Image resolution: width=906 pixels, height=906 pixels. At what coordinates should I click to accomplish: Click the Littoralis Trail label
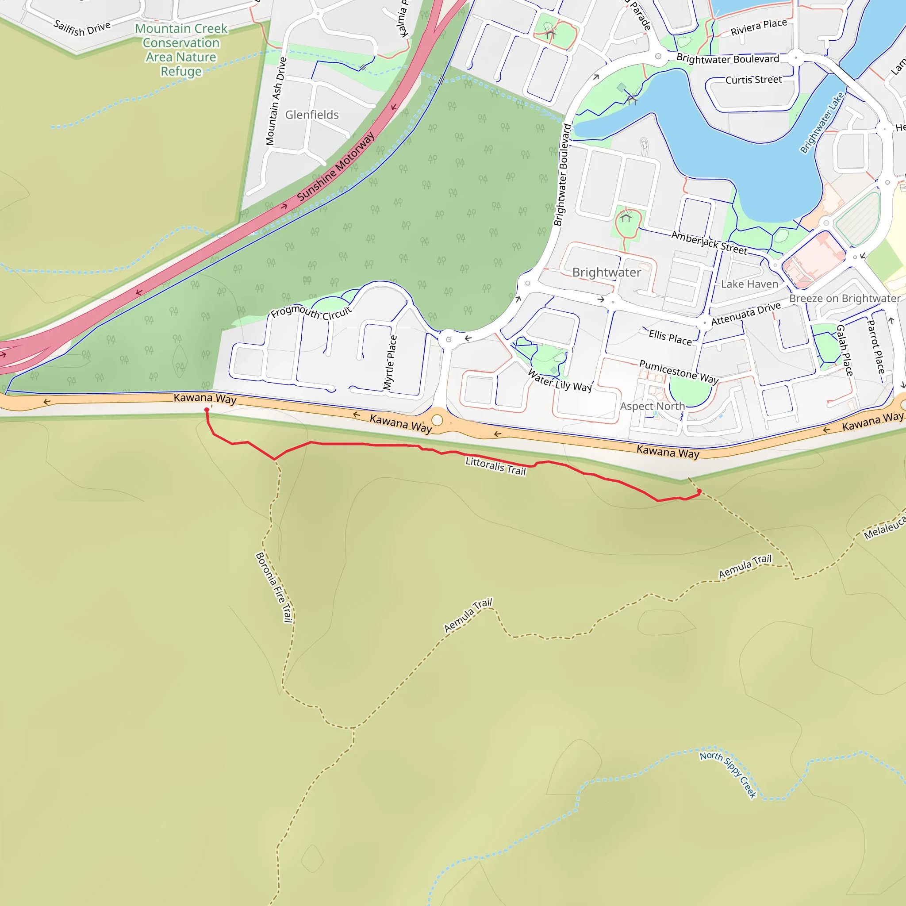[495, 466]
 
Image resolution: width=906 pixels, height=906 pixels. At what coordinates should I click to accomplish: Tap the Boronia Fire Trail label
[274, 587]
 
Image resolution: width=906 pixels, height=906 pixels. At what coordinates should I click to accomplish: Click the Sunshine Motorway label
[336, 167]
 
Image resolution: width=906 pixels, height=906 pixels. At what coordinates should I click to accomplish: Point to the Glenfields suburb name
[312, 115]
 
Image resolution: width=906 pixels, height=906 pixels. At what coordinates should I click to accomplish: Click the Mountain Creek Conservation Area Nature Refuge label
[181, 50]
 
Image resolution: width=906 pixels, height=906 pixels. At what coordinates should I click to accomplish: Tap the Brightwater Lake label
[822, 123]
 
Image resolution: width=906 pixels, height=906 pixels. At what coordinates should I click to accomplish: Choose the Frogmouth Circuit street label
[311, 312]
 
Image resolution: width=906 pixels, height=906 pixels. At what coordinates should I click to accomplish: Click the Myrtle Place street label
[390, 362]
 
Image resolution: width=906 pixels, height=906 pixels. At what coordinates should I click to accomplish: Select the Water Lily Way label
[560, 380]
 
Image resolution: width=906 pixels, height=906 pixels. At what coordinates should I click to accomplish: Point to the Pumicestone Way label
[679, 372]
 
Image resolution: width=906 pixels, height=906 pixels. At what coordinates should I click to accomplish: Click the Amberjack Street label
[709, 242]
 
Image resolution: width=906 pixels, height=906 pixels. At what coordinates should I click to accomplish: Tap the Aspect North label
[653, 406]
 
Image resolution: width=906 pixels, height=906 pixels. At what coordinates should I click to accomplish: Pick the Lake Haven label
[749, 284]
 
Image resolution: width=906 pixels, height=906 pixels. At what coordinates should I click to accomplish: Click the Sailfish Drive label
[82, 28]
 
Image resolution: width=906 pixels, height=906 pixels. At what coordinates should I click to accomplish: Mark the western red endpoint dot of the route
[207, 410]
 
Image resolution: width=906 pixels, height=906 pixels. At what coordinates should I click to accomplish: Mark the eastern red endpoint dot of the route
[699, 491]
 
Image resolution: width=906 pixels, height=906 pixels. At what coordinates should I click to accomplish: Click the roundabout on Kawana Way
[437, 420]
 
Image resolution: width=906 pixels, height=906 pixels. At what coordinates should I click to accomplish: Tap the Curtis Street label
[753, 80]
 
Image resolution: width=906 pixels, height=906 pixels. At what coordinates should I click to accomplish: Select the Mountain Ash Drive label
[276, 101]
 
